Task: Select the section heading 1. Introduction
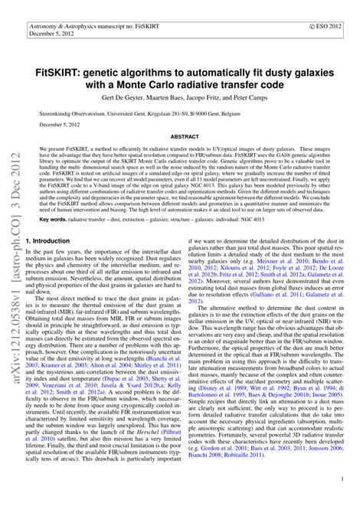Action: (57, 240)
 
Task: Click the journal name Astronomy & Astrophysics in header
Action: (64, 25)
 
